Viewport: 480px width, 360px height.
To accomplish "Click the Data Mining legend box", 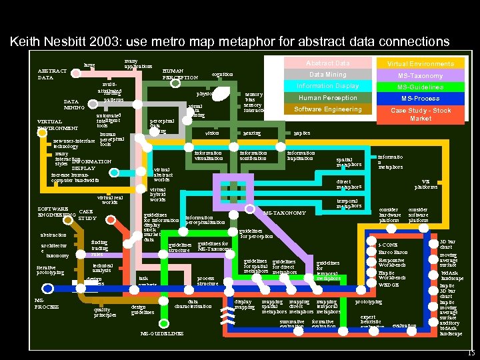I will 327,75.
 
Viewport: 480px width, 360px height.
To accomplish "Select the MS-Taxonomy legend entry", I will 420,75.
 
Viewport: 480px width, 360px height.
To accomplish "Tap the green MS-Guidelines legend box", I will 420,87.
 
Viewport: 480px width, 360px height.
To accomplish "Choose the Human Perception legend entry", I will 327,98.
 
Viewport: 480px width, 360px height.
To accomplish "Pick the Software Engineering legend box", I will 327,109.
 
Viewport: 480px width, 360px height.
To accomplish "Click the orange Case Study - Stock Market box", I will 420,114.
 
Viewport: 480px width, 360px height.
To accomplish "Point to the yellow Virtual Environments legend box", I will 420,64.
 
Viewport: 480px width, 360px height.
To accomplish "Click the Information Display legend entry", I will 327,86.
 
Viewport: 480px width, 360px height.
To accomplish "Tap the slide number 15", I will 471,353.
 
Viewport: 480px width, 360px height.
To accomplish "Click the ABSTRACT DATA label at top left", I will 52,74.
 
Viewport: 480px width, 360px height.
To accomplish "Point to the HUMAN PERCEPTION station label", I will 180,73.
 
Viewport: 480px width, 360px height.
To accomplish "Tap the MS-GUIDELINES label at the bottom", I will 163,333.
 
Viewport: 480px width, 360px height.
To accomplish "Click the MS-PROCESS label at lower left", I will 46,303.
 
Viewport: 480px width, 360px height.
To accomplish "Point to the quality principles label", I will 105,312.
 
